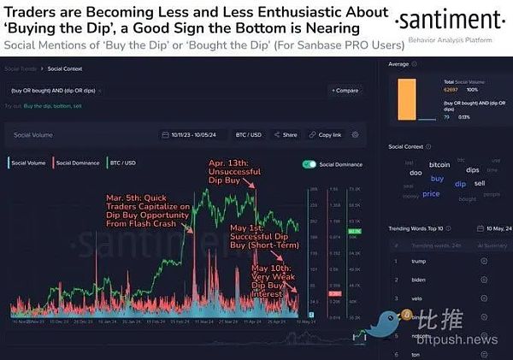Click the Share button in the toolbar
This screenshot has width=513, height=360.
click(287, 135)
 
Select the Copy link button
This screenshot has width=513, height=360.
click(326, 135)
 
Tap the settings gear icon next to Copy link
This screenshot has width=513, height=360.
click(355, 135)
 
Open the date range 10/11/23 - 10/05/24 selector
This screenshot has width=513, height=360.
click(192, 135)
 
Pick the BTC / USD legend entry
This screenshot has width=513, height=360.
click(124, 162)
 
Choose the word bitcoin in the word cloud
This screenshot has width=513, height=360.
click(439, 163)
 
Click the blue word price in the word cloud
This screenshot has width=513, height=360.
click(431, 193)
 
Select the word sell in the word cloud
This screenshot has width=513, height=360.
click(480, 183)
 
